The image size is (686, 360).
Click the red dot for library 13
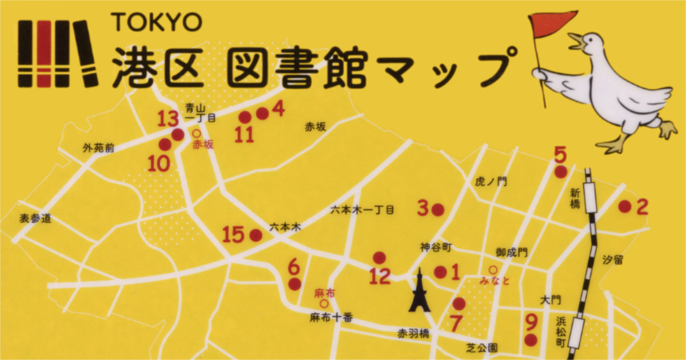coord(177,135)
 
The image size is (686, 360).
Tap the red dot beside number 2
coord(625,206)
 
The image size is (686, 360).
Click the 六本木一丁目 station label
coord(362,210)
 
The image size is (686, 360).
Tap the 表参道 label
coord(35,218)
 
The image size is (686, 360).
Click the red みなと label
coord(494,281)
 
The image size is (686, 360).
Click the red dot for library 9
coord(531,341)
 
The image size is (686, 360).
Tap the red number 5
coord(560,154)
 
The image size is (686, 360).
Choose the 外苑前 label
coord(98,148)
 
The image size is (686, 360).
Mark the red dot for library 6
coord(294,284)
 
